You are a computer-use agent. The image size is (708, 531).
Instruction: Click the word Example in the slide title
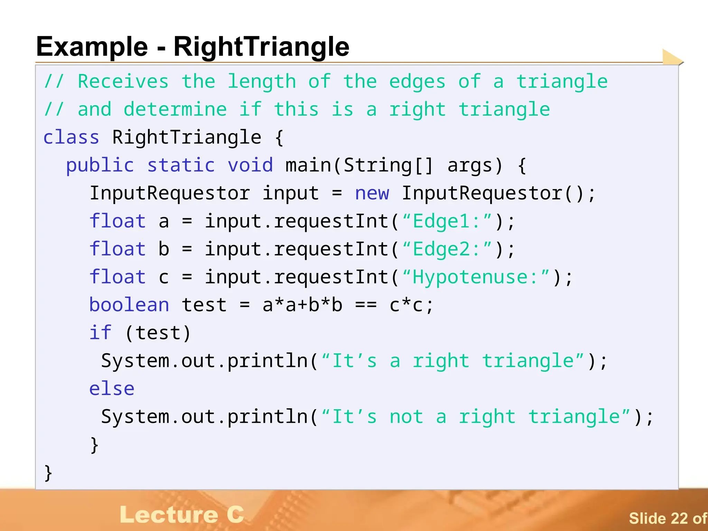[92, 47]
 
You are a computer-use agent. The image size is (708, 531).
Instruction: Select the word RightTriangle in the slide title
[261, 47]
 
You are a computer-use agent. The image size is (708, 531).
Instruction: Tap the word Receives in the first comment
[123, 82]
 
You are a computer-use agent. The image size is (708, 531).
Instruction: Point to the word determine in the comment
[175, 110]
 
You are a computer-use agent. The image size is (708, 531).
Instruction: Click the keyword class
[71, 137]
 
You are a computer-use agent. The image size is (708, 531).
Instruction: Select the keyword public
[100, 165]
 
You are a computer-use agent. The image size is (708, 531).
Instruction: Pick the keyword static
[181, 165]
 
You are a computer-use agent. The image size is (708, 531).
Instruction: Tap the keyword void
[250, 165]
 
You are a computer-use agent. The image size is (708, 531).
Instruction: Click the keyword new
[372, 193]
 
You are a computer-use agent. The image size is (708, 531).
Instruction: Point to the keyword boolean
[129, 305]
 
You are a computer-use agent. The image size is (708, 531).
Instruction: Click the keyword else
[112, 389]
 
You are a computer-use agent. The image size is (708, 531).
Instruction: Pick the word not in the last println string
[406, 417]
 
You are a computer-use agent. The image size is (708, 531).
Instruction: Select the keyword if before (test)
[100, 333]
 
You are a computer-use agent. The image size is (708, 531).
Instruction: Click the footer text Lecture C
[182, 515]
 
